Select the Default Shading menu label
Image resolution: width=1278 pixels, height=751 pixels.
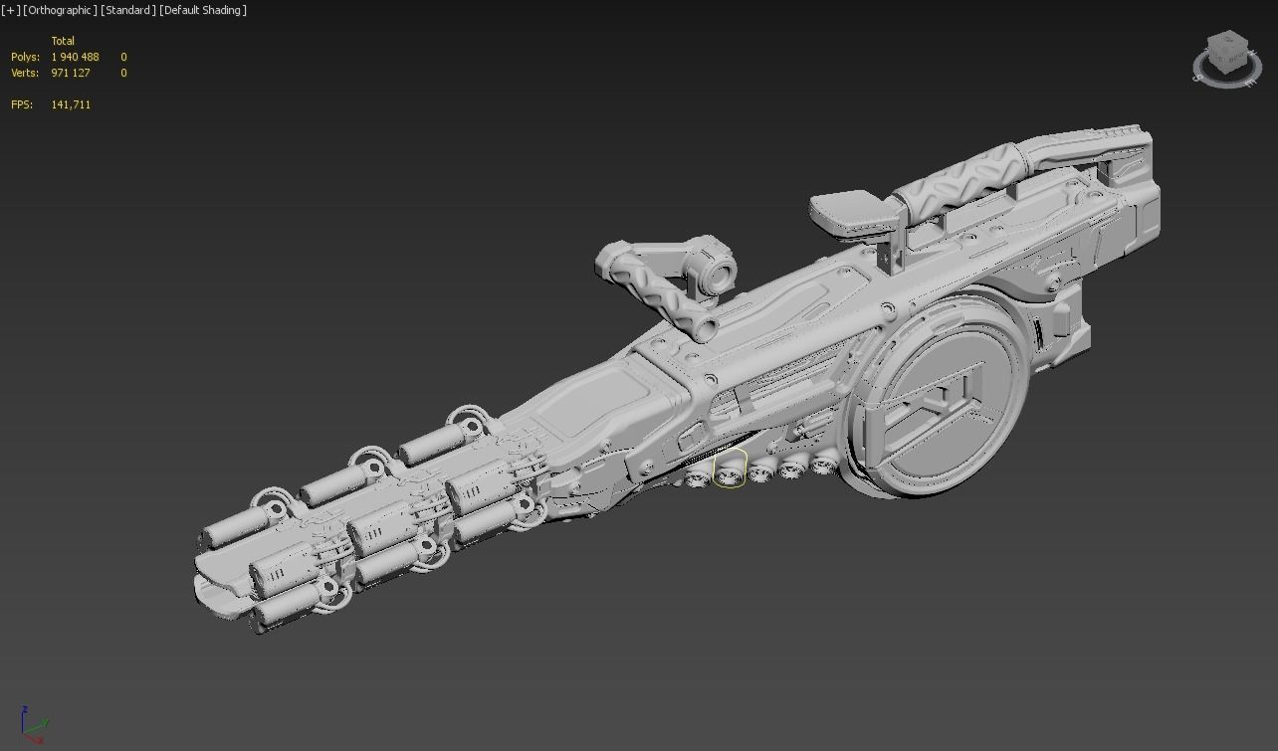click(203, 10)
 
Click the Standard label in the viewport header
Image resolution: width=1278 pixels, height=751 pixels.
click(127, 10)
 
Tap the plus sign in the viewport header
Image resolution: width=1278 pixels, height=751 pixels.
click(11, 10)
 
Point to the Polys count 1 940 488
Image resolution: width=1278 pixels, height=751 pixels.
click(75, 57)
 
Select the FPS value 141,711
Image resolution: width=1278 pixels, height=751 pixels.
click(71, 104)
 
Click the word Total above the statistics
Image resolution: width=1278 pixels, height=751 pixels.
click(63, 41)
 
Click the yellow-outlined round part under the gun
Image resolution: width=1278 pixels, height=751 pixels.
click(730, 469)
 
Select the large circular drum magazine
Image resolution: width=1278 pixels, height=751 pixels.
click(936, 398)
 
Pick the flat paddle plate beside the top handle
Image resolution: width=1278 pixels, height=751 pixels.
click(841, 210)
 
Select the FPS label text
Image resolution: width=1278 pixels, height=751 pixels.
click(21, 104)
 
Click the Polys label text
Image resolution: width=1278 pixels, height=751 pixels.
click(25, 57)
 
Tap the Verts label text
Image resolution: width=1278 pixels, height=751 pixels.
click(25, 73)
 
